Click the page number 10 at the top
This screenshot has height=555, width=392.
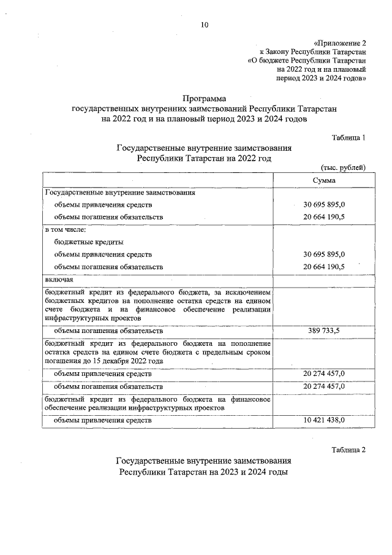coord(204,25)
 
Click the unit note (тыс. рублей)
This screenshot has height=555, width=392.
coord(342,167)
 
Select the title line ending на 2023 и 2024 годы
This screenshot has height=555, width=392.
coord(204,473)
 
